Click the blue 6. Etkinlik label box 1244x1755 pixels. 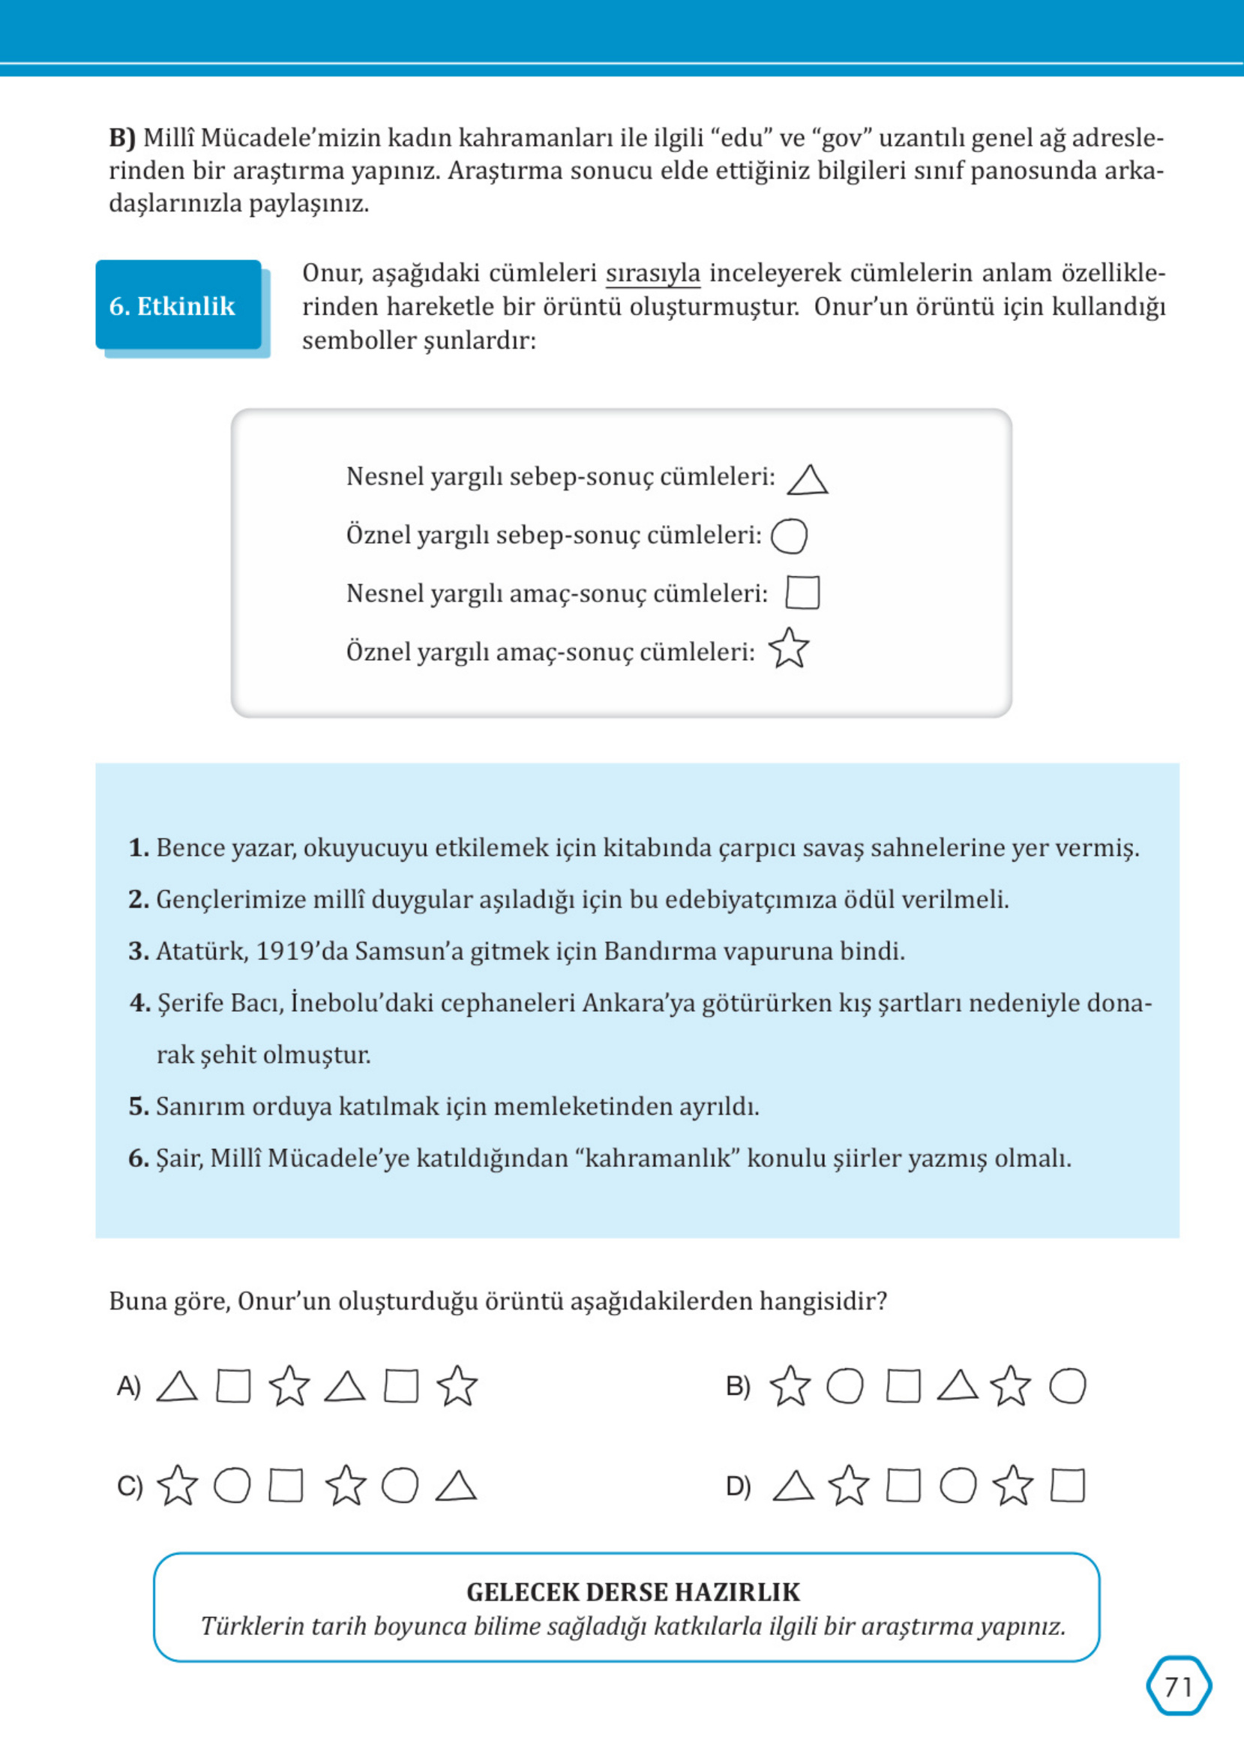click(x=178, y=306)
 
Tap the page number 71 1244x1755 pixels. click(x=1178, y=1687)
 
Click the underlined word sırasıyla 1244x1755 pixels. click(x=652, y=274)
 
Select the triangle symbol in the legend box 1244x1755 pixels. click(x=808, y=481)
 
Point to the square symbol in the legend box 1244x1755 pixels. click(x=802, y=593)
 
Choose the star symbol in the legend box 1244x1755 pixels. click(x=788, y=649)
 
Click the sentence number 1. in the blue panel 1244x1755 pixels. click(x=138, y=848)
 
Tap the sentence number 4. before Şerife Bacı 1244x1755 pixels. click(x=139, y=1003)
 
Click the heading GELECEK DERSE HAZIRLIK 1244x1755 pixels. click(x=633, y=1592)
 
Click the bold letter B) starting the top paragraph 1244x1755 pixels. click(x=121, y=138)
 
